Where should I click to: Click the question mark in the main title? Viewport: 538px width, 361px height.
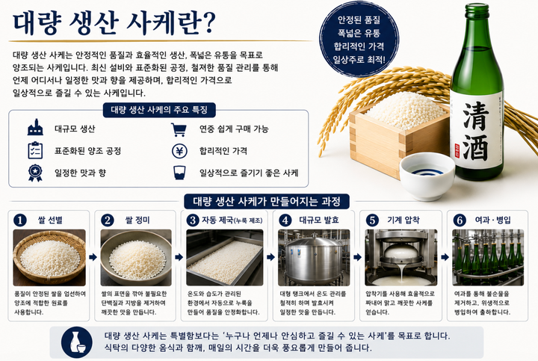[206, 22]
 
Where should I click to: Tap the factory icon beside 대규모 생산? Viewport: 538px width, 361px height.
[35, 128]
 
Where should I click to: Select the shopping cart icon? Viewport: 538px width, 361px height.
[179, 130]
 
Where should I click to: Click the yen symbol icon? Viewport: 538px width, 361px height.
[179, 151]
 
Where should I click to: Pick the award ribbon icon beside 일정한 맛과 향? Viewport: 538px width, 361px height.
[35, 173]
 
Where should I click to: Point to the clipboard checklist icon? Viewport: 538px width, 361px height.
[35, 150]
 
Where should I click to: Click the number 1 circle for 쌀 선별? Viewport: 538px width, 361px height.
[20, 220]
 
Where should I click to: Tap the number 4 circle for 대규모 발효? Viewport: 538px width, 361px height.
[285, 220]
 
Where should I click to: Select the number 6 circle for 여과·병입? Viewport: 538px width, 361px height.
[460, 220]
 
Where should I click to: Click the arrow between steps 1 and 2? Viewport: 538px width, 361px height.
[93, 257]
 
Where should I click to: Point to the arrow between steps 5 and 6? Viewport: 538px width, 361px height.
[445, 257]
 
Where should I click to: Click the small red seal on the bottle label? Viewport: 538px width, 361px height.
[457, 151]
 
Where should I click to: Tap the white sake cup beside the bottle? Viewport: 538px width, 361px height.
[427, 176]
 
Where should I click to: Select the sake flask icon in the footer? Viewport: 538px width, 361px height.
[77, 342]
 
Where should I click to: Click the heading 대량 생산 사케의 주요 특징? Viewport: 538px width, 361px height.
[159, 110]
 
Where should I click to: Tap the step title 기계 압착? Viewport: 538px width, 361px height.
[403, 220]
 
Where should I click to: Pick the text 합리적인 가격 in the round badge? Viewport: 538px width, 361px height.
[359, 46]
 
